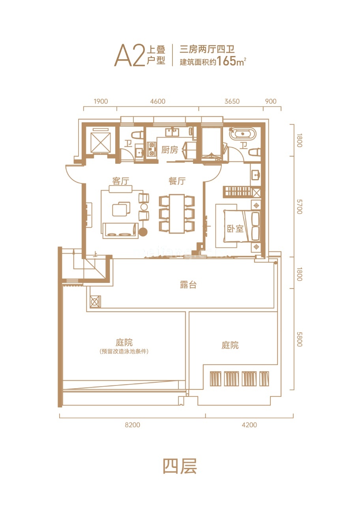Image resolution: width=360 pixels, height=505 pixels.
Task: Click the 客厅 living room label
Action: (121, 181)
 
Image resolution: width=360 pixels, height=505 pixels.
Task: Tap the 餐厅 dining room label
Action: (177, 181)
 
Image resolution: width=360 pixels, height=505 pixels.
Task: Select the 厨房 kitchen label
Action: (170, 150)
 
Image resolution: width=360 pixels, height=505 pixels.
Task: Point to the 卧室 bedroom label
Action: (235, 229)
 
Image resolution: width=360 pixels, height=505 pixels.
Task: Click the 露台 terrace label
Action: (188, 285)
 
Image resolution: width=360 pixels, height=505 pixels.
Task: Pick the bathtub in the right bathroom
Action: (242, 134)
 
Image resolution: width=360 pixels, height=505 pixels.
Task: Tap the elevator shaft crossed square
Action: (101, 142)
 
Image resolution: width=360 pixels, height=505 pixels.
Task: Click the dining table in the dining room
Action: (177, 214)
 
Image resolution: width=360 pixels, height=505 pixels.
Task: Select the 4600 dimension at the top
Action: (157, 101)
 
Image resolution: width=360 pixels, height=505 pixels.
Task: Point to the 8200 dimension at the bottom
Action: (132, 425)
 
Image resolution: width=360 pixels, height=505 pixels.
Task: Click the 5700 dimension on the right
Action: (299, 206)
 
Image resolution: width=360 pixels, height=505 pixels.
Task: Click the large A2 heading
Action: (129, 55)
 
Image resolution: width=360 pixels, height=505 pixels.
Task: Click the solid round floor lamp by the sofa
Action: (143, 232)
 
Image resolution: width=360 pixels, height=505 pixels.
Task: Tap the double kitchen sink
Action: (172, 132)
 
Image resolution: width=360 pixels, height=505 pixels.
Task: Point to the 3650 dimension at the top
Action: (232, 101)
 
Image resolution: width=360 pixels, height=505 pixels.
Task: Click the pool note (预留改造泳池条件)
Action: (124, 351)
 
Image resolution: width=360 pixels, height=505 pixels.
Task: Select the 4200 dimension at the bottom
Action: (249, 425)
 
